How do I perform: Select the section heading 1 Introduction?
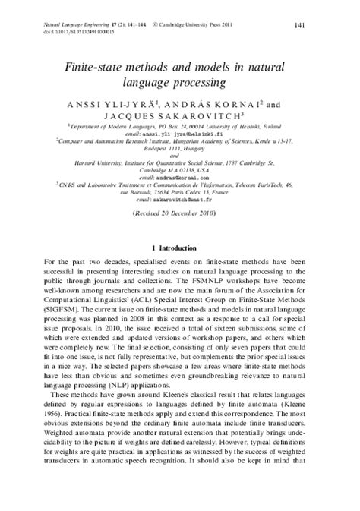pos(180,248)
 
